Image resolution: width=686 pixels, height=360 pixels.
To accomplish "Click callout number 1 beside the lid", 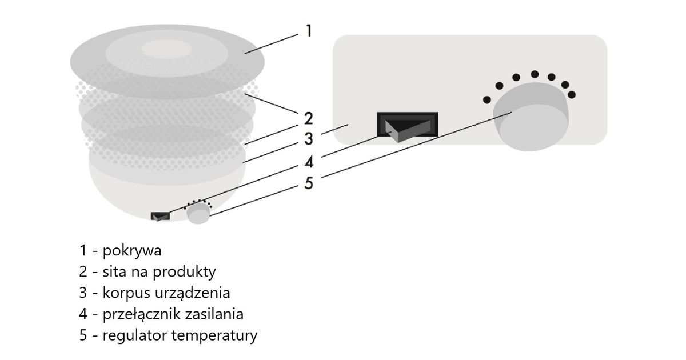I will click(309, 30).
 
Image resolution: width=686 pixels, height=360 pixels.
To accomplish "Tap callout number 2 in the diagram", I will click(309, 119).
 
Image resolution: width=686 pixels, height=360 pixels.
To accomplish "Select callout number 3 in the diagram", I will click(309, 139).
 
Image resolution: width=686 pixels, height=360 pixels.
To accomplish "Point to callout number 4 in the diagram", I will click(309, 162).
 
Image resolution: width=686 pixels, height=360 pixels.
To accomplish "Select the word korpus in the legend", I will click(126, 293).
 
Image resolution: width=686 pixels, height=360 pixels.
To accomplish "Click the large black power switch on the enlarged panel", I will click(408, 125).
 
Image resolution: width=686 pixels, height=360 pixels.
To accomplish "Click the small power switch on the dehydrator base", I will click(160, 217).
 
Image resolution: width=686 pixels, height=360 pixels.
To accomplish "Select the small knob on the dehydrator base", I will click(198, 214).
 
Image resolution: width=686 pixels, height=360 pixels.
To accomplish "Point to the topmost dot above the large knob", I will click(535, 74).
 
